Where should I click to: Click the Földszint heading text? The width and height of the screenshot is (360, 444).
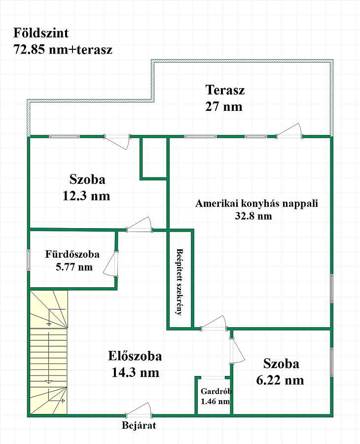pyautogui.click(x=41, y=33)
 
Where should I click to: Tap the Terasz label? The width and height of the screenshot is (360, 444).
pyautogui.click(x=225, y=90)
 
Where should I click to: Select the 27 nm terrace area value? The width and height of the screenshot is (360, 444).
pyautogui.click(x=224, y=106)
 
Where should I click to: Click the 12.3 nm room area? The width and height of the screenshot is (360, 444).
pyautogui.click(x=86, y=196)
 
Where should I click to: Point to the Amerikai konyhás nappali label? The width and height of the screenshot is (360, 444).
pyautogui.click(x=256, y=204)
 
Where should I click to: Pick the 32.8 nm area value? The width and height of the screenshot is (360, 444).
pyautogui.click(x=253, y=216)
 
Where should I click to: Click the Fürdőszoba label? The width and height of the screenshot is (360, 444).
pyautogui.click(x=72, y=254)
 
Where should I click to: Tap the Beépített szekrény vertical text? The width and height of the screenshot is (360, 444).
pyautogui.click(x=180, y=282)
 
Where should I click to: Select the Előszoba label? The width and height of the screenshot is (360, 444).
pyautogui.click(x=135, y=356)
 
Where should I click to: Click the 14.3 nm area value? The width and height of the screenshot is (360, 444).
pyautogui.click(x=135, y=373)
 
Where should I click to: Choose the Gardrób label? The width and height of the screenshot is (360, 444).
pyautogui.click(x=216, y=391)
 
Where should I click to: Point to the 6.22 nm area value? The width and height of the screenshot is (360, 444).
pyautogui.click(x=280, y=380)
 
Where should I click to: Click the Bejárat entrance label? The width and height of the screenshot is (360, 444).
pyautogui.click(x=139, y=425)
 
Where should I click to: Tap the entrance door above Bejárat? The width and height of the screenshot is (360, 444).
pyautogui.click(x=139, y=410)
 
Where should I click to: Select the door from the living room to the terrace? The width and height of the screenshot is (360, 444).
pyautogui.click(x=289, y=131)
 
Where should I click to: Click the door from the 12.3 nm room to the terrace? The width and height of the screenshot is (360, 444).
pyautogui.click(x=117, y=141)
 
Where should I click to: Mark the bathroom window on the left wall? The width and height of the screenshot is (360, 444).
pyautogui.click(x=28, y=260)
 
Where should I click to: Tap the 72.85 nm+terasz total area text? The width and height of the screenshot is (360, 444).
pyautogui.click(x=63, y=50)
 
